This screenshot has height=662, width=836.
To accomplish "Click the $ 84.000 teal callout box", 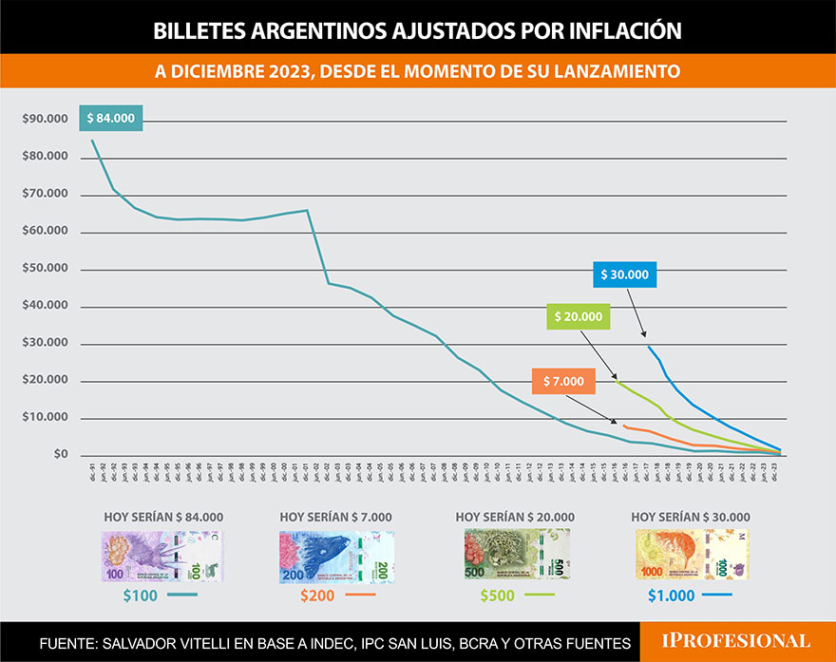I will click(x=110, y=119).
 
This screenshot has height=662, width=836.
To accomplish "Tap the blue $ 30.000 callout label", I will click(x=625, y=274).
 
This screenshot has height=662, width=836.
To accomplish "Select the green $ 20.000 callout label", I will click(x=579, y=317).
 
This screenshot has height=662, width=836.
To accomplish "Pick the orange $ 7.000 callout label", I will click(x=564, y=381).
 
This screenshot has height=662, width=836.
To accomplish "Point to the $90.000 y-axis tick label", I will click(x=45, y=119).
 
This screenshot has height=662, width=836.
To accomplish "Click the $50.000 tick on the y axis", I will click(x=45, y=268).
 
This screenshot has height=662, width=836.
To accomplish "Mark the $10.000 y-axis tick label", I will click(x=45, y=417).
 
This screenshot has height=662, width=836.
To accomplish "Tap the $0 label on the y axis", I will click(x=61, y=454).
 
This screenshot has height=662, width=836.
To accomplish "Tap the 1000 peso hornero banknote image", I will click(x=691, y=557).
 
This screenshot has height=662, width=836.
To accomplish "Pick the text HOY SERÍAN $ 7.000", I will click(x=335, y=517).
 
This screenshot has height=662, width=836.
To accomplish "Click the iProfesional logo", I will click(x=736, y=641).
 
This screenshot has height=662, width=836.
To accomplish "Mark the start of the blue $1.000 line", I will click(x=649, y=346).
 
